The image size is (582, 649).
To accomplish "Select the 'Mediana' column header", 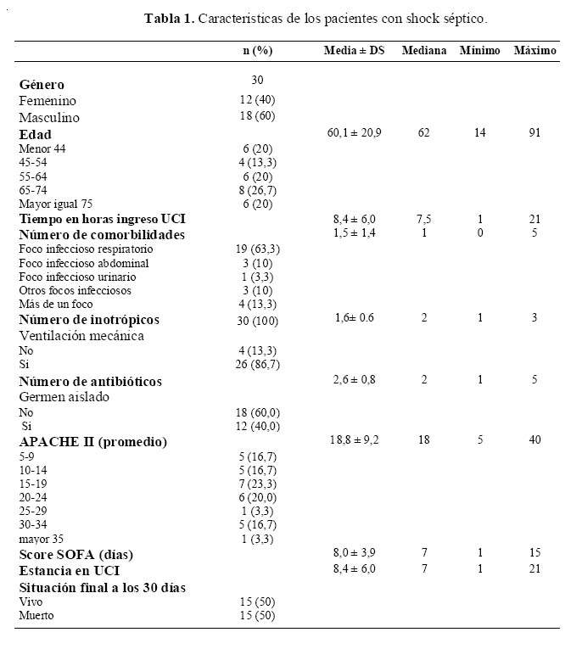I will [424, 51].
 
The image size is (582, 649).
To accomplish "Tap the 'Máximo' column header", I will [534, 51].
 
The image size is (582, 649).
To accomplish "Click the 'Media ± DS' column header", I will [354, 51].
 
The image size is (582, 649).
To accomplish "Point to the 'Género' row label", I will [42, 84].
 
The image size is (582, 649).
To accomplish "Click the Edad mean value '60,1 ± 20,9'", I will [354, 133].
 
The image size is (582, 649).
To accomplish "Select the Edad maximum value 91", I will [534, 133].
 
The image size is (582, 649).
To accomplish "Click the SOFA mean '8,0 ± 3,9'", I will [354, 553].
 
